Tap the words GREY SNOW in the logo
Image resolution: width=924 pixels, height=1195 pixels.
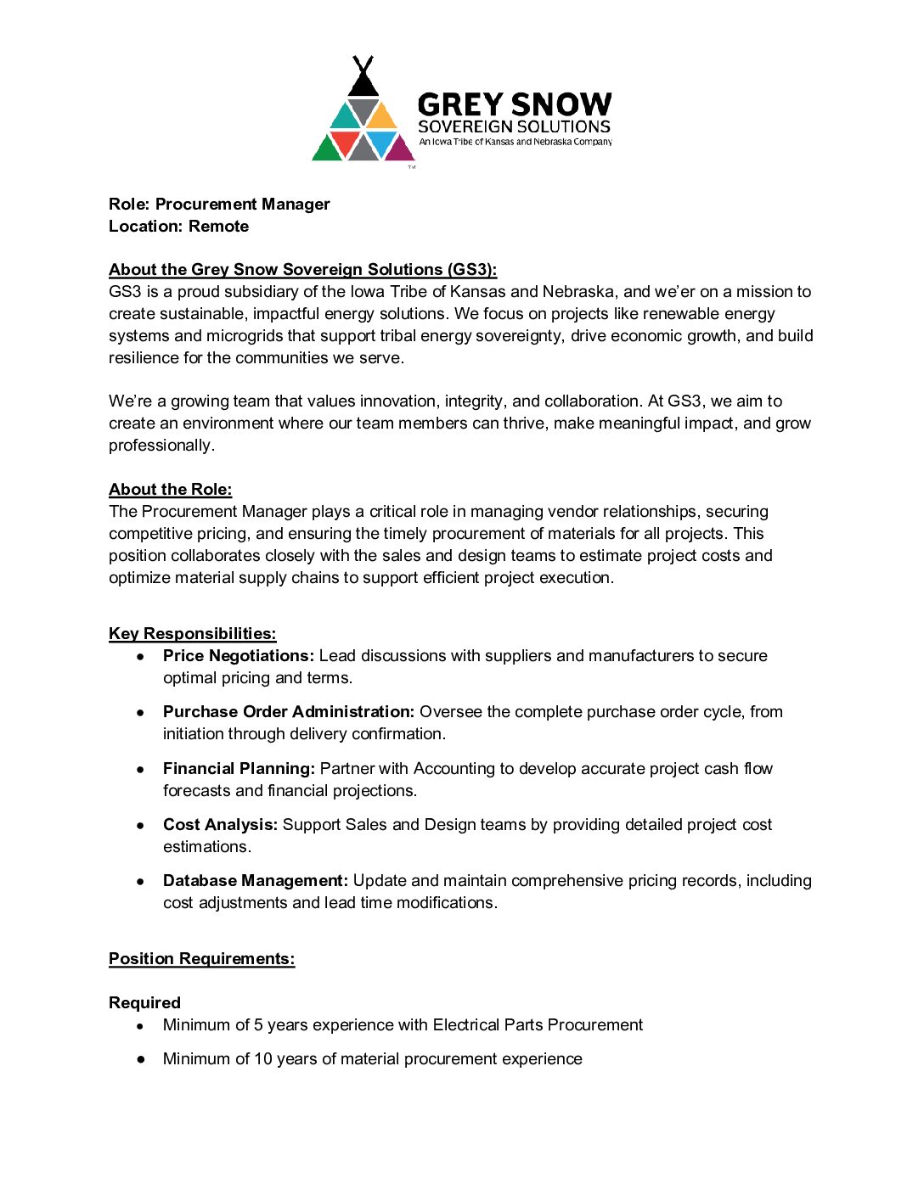(514, 104)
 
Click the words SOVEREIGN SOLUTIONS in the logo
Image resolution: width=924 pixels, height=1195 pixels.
(514, 126)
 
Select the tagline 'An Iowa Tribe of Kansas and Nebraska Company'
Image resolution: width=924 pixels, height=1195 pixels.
(515, 142)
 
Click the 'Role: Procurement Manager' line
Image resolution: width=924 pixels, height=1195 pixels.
(219, 205)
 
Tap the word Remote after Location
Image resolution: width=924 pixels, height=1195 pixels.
(219, 227)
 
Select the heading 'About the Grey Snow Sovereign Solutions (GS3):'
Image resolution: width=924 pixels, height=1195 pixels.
(302, 270)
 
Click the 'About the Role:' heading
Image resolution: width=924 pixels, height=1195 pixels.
(170, 490)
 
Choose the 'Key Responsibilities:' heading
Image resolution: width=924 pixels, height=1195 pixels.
(192, 634)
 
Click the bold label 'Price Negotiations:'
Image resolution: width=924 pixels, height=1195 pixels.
(239, 656)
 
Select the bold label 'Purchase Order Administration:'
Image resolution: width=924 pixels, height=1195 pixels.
(289, 712)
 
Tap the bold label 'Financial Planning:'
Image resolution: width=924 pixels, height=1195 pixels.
(239, 769)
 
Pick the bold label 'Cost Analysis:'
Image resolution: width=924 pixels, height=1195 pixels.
(220, 825)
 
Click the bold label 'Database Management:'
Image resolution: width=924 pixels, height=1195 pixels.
(256, 881)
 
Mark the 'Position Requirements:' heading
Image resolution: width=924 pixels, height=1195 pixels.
(201, 959)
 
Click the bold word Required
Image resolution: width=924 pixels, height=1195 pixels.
(144, 1003)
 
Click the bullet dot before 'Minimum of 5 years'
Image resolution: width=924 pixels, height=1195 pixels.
(140, 1026)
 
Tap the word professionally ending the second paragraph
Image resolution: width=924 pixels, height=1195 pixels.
(161, 446)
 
